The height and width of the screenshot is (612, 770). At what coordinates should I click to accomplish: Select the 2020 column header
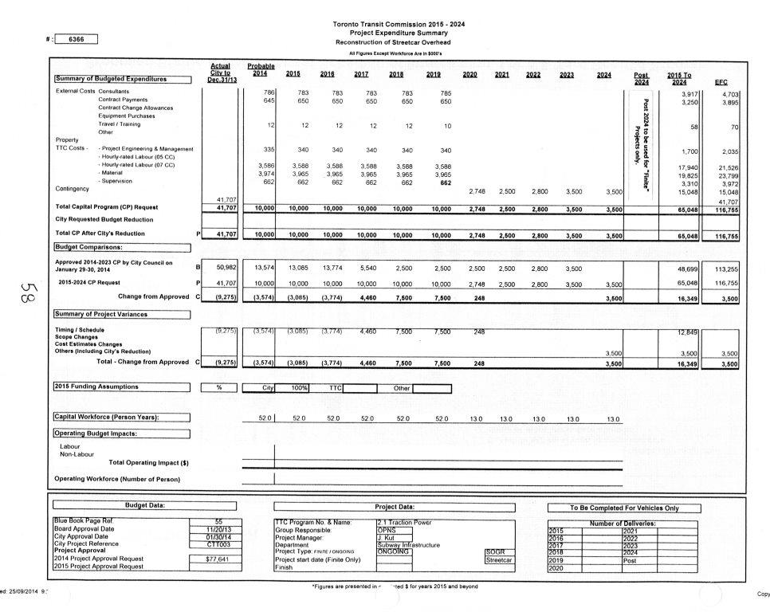pos(469,75)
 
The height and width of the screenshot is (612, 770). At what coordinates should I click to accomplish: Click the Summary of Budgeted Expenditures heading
pos(122,79)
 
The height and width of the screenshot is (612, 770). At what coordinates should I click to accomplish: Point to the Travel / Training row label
pos(119,124)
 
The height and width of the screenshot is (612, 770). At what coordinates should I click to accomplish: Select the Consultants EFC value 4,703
pos(725,93)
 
